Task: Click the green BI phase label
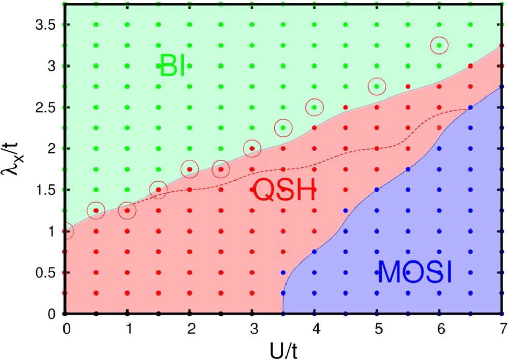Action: click(172, 66)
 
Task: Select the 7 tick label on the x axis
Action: click(502, 329)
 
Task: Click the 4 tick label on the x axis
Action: click(315, 329)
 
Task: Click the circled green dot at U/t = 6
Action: click(439, 46)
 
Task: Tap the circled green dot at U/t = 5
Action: click(377, 86)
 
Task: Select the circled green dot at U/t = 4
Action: click(315, 107)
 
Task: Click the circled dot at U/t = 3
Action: click(252, 149)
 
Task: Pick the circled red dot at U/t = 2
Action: click(189, 169)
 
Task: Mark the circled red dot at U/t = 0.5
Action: click(96, 210)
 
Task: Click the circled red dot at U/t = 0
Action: click(66, 231)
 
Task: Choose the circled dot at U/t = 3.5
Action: click(283, 128)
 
